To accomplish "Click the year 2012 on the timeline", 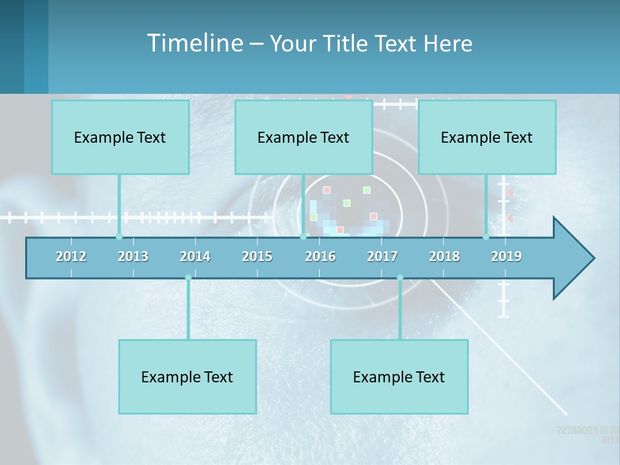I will [x=71, y=256].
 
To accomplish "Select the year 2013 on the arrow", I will [x=133, y=256].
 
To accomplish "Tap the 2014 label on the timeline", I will [x=195, y=256].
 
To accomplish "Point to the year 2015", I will [x=257, y=256].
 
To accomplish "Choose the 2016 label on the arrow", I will [x=320, y=256].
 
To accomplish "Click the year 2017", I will [x=382, y=256].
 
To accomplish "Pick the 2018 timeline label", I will [x=444, y=256].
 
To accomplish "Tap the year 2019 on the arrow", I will [x=506, y=256].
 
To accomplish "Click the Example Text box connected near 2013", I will [x=120, y=137].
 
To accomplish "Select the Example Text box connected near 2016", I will [x=304, y=137].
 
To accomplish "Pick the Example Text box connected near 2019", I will [x=487, y=137].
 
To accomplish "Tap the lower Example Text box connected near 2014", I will [x=187, y=377].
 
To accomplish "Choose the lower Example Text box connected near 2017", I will [x=399, y=377].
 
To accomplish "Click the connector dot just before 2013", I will [x=119, y=237].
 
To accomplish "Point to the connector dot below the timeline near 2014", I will [x=188, y=278].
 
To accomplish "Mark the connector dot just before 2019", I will [x=486, y=237].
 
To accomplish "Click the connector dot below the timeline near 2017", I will [x=400, y=278].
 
